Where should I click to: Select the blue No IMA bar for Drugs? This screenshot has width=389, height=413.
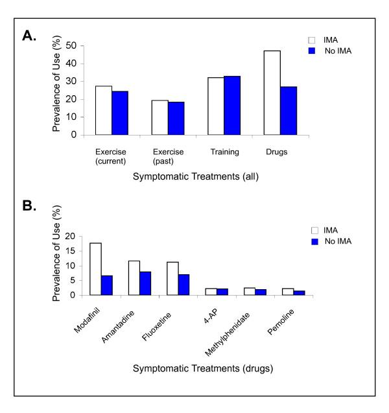[x=288, y=111]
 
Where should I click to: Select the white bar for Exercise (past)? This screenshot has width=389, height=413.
[x=159, y=117]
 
